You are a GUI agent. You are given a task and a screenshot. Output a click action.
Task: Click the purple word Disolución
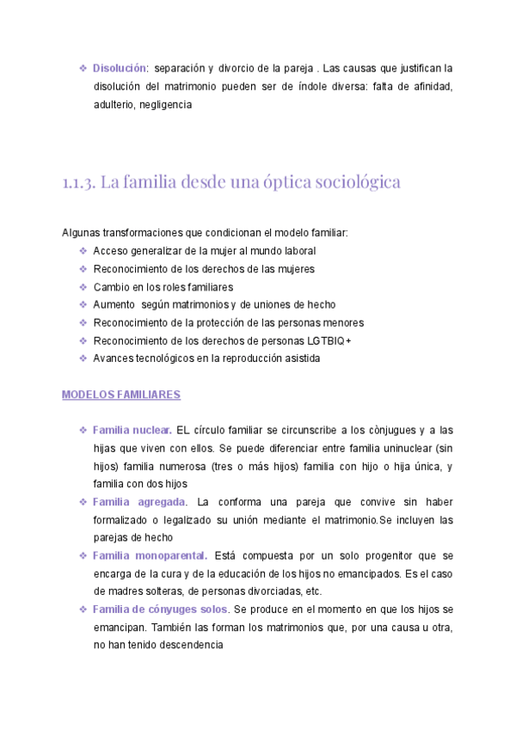[120, 67]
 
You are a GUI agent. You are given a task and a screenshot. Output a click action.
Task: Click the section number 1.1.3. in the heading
[78, 182]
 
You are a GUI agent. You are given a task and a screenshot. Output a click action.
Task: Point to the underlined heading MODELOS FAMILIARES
[120, 395]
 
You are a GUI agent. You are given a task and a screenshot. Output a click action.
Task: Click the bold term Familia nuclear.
[132, 429]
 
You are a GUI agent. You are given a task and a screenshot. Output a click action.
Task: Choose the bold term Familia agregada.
[138, 501]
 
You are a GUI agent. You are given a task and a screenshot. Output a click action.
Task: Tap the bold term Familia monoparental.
[150, 555]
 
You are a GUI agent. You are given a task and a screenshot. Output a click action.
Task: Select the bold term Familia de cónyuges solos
[161, 610]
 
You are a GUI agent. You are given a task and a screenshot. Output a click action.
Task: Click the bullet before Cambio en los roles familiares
[83, 287]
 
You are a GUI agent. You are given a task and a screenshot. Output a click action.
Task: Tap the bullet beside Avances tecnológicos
[83, 358]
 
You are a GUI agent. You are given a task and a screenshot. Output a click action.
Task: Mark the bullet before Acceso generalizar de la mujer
[83, 251]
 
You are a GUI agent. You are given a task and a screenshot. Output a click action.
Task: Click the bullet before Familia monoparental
[83, 555]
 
